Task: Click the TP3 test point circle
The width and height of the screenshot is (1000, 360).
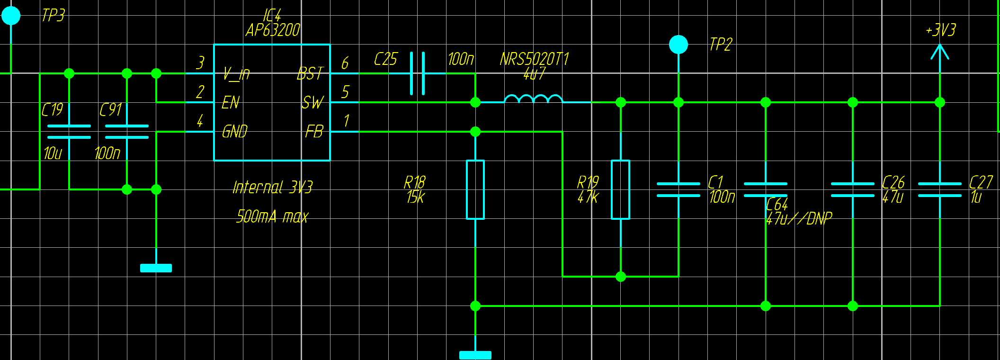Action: (x=11, y=16)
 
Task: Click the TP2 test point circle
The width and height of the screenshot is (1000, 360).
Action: (x=679, y=45)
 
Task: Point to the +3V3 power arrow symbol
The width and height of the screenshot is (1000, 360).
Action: (x=940, y=52)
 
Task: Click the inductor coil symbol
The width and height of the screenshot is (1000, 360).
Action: (x=534, y=99)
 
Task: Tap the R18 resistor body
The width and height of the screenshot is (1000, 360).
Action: (x=475, y=189)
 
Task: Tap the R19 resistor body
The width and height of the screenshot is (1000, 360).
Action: (x=620, y=189)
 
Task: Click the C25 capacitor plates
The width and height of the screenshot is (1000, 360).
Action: (x=417, y=73)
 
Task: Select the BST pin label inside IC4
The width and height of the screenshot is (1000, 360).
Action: (x=310, y=74)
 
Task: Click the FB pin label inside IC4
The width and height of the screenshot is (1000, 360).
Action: (x=314, y=132)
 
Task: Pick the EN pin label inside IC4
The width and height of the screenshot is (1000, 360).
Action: (x=231, y=103)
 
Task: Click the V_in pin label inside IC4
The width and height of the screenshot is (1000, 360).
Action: (x=236, y=74)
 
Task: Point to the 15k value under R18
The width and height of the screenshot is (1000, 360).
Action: (x=415, y=197)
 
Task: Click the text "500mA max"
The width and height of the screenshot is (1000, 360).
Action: (x=272, y=217)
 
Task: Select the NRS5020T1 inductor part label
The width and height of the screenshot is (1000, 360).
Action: (x=534, y=59)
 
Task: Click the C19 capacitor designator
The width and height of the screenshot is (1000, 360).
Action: (x=52, y=110)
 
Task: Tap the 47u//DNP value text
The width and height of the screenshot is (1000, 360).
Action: (x=799, y=219)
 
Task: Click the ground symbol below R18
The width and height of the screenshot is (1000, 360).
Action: (x=475, y=355)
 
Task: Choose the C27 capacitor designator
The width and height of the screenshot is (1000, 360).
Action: (x=981, y=182)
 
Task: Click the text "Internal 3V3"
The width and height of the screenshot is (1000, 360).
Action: (x=273, y=188)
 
